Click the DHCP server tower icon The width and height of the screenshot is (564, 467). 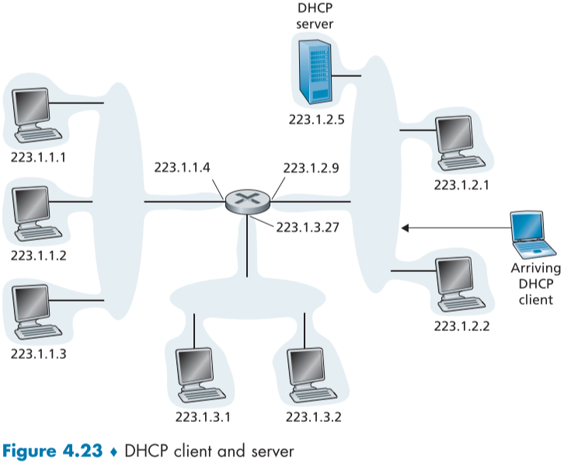315,71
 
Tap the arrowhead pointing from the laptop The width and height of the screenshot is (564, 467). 406,228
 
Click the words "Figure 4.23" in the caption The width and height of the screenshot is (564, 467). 51,450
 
